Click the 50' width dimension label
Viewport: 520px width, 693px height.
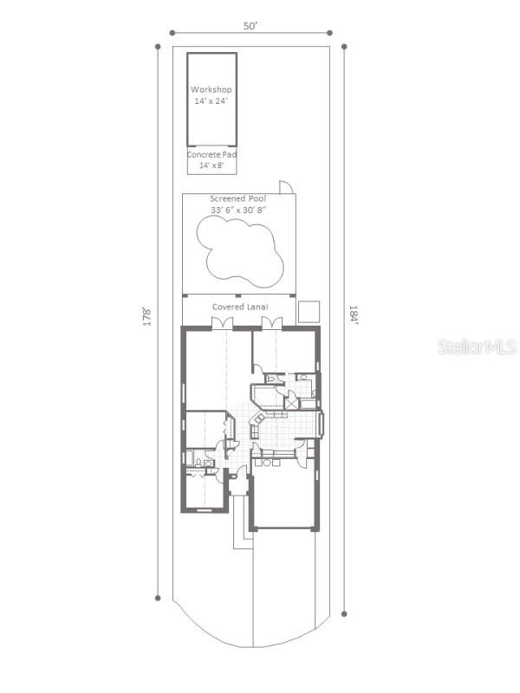250,26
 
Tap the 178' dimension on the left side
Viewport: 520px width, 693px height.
146,317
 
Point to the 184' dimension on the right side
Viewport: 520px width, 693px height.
354,314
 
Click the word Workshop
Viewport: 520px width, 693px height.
211,90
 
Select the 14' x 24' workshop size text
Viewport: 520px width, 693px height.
211,101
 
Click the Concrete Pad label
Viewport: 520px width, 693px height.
211,155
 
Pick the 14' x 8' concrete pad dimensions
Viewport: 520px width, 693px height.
211,165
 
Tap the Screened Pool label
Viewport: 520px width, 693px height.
237,199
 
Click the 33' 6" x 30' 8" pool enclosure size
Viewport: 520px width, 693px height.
237,210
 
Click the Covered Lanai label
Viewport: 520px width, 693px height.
240,307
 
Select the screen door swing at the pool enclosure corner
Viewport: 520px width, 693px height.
286,187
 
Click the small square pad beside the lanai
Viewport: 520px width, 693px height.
309,312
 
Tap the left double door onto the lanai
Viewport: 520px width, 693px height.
223,323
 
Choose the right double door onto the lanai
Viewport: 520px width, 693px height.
272,323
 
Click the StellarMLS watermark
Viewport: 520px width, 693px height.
478,347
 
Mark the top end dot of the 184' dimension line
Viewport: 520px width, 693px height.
344,47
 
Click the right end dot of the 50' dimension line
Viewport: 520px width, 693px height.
329,33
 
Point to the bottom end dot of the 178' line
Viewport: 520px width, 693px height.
158,598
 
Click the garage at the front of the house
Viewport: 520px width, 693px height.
284,497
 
